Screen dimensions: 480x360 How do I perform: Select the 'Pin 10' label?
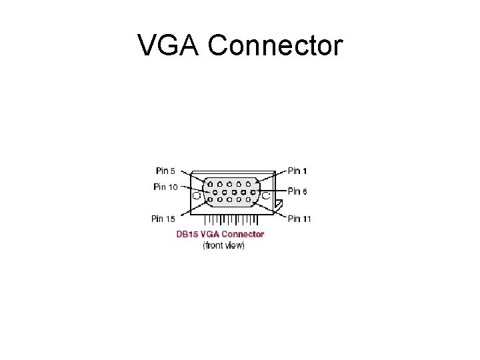point(165,187)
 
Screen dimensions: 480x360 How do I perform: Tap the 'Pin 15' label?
point(163,218)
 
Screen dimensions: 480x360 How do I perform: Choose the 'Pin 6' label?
point(298,191)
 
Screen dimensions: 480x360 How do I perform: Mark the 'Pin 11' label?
point(299,218)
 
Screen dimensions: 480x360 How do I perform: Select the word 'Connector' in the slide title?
point(275,46)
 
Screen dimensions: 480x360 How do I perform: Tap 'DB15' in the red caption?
point(186,234)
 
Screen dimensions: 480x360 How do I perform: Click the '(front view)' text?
point(223,245)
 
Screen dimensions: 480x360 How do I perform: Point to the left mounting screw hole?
point(197,195)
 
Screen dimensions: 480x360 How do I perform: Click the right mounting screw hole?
point(265,195)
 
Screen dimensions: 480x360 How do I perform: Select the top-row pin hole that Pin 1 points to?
point(248,183)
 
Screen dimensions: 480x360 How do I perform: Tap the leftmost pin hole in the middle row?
point(215,191)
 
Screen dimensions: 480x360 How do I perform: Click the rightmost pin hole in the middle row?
point(253,191)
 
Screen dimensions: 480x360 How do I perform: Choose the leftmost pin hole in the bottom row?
point(211,199)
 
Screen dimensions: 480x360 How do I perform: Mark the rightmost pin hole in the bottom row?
point(248,199)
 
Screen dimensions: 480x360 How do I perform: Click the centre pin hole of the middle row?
point(234,191)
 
